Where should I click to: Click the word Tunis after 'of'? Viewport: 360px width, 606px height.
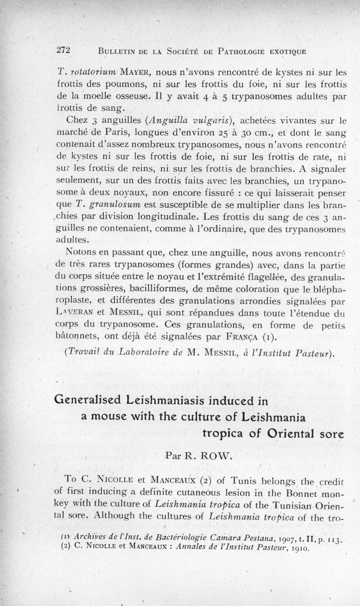pyautogui.click(x=184, y=479)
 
